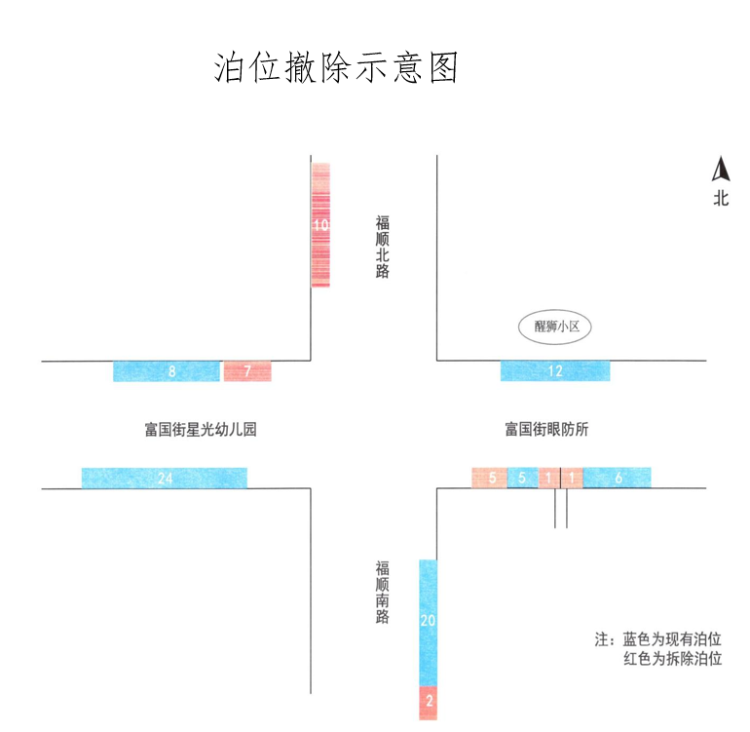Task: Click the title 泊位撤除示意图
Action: point(336,68)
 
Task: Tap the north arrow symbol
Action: point(721,170)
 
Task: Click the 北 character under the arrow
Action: point(721,200)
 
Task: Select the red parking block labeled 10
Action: point(320,224)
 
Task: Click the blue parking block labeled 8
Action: point(167,371)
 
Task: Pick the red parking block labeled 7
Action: point(247,371)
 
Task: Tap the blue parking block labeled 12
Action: point(555,371)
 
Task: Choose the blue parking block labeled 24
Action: point(164,478)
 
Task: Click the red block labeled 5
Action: point(489,478)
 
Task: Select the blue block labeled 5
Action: point(522,478)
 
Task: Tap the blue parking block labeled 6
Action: point(618,478)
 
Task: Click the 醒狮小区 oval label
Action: point(555,327)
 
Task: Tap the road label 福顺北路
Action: point(383,248)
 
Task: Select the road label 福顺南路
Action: point(383,592)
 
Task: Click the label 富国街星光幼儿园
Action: point(201,429)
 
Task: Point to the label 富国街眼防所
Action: point(546,429)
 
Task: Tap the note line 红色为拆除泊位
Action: point(672,660)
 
